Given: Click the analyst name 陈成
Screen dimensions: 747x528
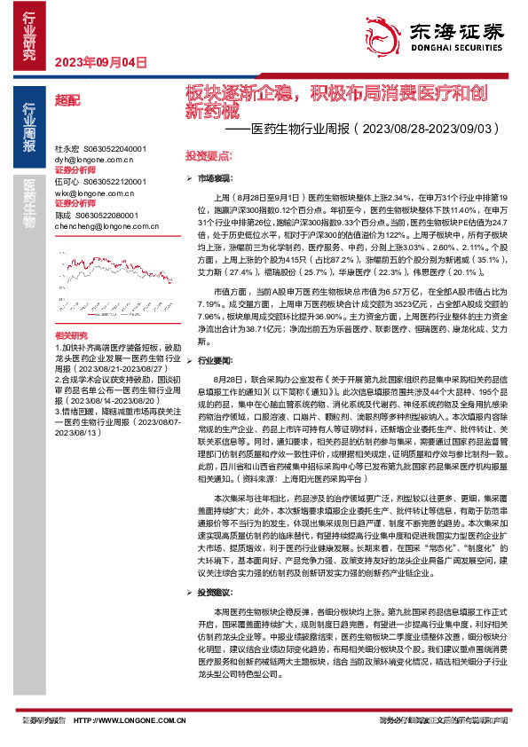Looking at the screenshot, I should [63, 215].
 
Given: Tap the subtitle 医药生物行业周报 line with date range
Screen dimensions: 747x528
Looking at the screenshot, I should [373, 130].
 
